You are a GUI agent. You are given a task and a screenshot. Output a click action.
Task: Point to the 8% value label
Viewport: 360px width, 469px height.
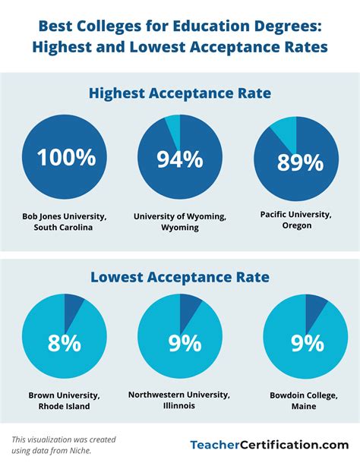(64, 343)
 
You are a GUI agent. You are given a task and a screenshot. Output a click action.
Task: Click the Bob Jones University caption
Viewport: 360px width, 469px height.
(64, 222)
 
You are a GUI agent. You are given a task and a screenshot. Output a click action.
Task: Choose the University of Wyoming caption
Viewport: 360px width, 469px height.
(180, 222)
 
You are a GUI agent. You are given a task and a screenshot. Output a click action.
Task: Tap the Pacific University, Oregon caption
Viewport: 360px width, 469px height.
(295, 219)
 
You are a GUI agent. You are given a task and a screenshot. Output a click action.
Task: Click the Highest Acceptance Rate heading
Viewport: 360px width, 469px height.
(180, 93)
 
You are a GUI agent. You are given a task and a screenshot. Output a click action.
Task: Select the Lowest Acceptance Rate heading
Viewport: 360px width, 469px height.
(180, 277)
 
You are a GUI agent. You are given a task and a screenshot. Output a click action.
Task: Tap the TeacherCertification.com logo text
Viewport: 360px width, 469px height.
(268, 445)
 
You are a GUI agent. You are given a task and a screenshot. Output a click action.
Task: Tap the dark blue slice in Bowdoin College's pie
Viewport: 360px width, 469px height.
(314, 306)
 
